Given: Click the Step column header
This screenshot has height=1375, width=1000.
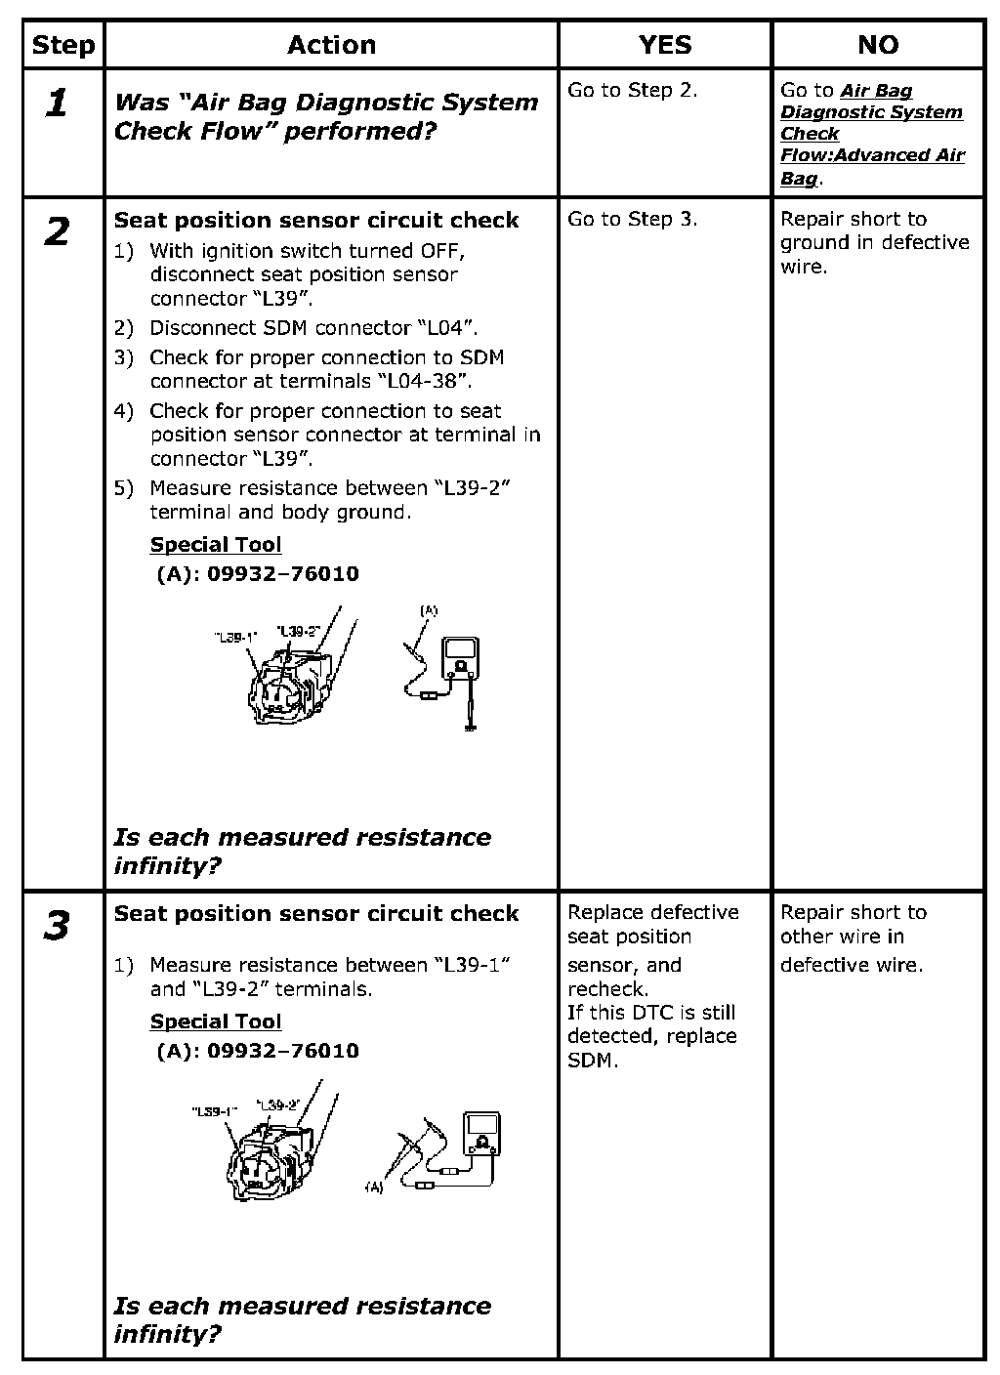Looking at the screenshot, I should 63,45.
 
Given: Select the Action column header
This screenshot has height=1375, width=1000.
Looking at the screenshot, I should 331,45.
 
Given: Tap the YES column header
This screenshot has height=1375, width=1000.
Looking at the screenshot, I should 664,45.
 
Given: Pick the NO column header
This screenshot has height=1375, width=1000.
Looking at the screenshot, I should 877,45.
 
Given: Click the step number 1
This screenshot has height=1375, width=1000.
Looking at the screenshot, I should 58,104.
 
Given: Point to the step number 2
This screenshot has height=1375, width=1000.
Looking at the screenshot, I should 58,232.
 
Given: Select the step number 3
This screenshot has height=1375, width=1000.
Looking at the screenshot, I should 58,925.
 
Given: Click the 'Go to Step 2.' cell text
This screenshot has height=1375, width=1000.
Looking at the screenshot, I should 632,91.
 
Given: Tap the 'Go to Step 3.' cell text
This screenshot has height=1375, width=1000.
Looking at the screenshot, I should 632,220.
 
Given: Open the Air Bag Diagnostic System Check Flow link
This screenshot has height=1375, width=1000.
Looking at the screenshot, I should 872,134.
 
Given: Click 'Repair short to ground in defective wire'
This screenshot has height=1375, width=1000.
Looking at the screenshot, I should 874,242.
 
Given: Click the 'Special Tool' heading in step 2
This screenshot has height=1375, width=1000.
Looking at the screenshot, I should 215,545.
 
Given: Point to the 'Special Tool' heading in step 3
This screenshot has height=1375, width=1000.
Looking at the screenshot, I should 215,1021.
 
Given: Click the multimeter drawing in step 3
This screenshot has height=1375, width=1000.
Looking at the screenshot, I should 482,1134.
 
